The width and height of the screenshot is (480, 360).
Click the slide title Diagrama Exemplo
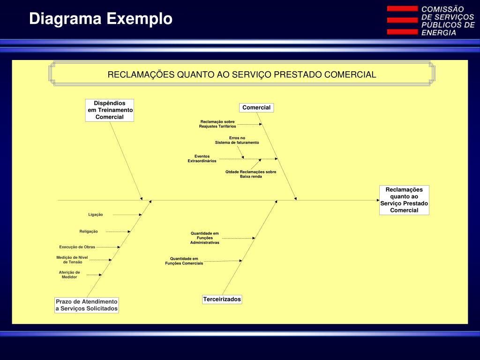point(101,19)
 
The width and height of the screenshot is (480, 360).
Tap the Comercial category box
point(256,108)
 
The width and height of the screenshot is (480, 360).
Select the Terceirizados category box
point(222,299)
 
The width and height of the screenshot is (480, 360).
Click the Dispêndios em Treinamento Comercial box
point(110,110)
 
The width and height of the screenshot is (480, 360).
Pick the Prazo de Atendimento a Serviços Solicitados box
point(87,305)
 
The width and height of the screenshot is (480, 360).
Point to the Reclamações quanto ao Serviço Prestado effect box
point(404,200)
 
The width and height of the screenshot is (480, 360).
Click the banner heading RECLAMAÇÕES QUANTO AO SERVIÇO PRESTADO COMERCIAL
point(242,75)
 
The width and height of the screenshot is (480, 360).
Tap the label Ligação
point(96,215)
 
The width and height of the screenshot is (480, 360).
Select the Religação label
point(89,232)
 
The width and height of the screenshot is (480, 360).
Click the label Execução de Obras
point(77,247)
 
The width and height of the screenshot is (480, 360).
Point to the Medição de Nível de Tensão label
point(72,260)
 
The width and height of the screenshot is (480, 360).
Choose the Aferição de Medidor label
point(69,275)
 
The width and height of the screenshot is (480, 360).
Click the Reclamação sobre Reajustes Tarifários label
point(217,124)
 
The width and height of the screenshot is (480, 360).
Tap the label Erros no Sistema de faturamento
point(237,140)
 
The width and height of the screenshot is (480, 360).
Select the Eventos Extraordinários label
point(202,158)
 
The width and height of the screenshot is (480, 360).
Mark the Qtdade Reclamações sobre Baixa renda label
point(251,174)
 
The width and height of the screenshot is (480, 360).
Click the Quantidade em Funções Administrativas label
point(205,238)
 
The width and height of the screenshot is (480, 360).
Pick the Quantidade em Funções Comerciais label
point(184,261)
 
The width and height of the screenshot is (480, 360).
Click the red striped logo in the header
point(402,20)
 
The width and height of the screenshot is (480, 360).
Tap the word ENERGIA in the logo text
point(439,33)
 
